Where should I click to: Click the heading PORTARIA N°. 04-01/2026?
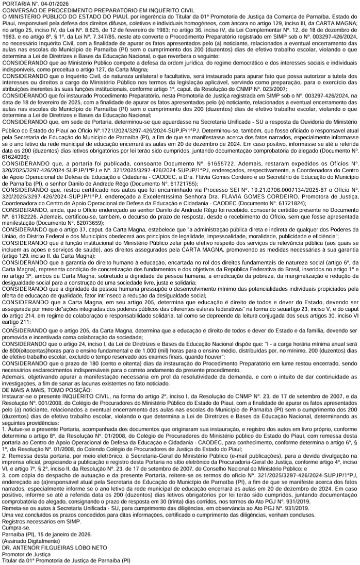(x=34, y=4)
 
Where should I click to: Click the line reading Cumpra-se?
(x=15, y=528)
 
